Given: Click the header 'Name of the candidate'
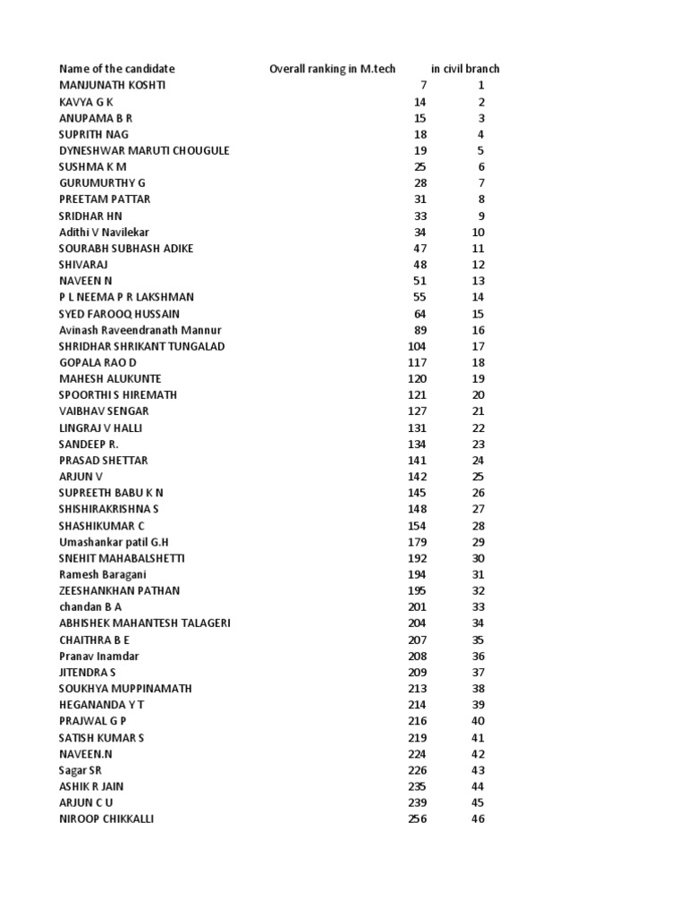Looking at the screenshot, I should (x=117, y=69).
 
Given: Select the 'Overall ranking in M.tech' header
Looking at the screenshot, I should (x=333, y=69).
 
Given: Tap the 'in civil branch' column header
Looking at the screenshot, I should (x=465, y=69).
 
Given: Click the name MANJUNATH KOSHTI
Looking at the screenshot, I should (x=113, y=85).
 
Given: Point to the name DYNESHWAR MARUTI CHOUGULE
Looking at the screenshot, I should (x=144, y=150).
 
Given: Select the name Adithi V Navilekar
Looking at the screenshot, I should (x=105, y=232).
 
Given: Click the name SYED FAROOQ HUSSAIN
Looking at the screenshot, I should (x=119, y=313).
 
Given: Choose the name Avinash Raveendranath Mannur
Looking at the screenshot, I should (x=140, y=330).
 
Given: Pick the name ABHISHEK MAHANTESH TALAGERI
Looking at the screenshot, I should (x=145, y=623).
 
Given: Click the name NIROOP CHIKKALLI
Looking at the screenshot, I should (x=106, y=819).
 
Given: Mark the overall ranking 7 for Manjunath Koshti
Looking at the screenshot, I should (x=423, y=85).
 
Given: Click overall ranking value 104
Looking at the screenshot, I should (x=417, y=346).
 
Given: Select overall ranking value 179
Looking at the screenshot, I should (x=417, y=542).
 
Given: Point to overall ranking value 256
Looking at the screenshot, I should (x=417, y=819).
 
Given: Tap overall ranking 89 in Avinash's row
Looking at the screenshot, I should (x=420, y=330).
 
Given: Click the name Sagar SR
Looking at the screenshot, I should (x=80, y=770).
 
